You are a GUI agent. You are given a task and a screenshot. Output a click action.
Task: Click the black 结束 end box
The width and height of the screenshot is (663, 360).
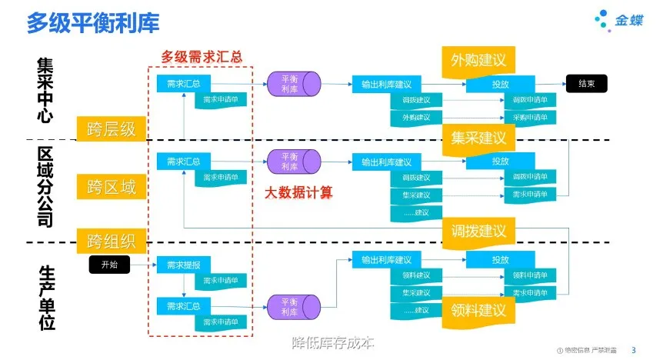pos(588,84)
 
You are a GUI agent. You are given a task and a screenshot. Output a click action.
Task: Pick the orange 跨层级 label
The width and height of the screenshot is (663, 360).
pos(112,128)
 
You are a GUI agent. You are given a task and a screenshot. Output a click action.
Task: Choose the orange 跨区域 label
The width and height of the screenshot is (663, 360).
pos(112,185)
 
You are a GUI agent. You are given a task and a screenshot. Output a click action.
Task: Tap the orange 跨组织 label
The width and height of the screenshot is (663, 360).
pos(112,241)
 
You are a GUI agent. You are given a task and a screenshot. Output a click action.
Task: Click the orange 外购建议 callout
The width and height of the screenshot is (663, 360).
pos(478,60)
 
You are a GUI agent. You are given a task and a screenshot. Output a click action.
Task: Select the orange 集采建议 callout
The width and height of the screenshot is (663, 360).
pos(478,138)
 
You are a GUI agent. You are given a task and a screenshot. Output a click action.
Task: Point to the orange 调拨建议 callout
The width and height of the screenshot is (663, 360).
pos(478,230)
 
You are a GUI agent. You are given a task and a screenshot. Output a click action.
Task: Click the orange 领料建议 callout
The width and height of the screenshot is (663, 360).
pos(478,310)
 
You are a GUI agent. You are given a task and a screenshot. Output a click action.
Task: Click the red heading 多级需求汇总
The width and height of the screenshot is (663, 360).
pos(202,56)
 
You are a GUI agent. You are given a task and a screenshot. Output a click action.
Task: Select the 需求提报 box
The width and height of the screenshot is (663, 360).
pos(183,265)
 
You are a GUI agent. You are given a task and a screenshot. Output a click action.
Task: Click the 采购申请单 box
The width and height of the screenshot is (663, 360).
pos(530,118)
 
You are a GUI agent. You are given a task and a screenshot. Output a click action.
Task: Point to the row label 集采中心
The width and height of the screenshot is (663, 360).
pos(45,90)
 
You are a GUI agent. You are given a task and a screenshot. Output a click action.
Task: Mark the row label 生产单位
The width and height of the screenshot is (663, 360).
pos(45,297)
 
